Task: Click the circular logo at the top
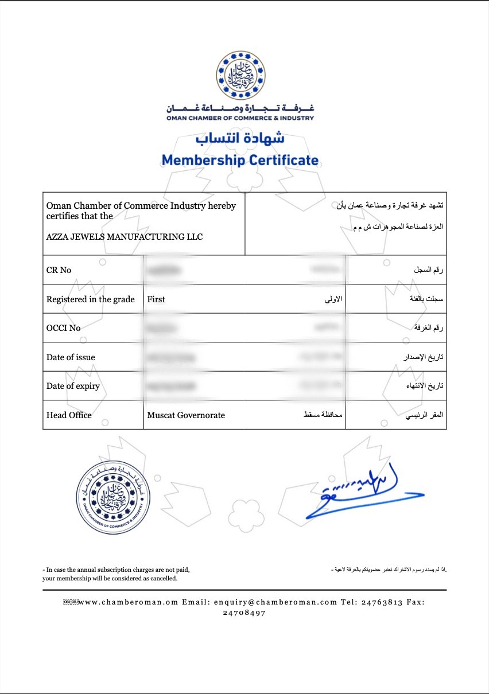(240, 75)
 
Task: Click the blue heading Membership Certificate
(240, 160)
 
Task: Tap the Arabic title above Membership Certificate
(240, 138)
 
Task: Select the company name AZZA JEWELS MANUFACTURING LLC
(125, 236)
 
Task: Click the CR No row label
(59, 270)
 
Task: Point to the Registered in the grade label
(91, 299)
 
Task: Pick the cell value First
(156, 299)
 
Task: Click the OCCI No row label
(64, 328)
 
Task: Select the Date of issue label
(71, 357)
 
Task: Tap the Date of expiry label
(73, 386)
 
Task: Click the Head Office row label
(69, 415)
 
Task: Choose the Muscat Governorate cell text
(186, 415)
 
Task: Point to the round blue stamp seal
(112, 496)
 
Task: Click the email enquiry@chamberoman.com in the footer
(275, 602)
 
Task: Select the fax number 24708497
(244, 613)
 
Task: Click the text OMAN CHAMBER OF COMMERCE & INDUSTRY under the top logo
(240, 118)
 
